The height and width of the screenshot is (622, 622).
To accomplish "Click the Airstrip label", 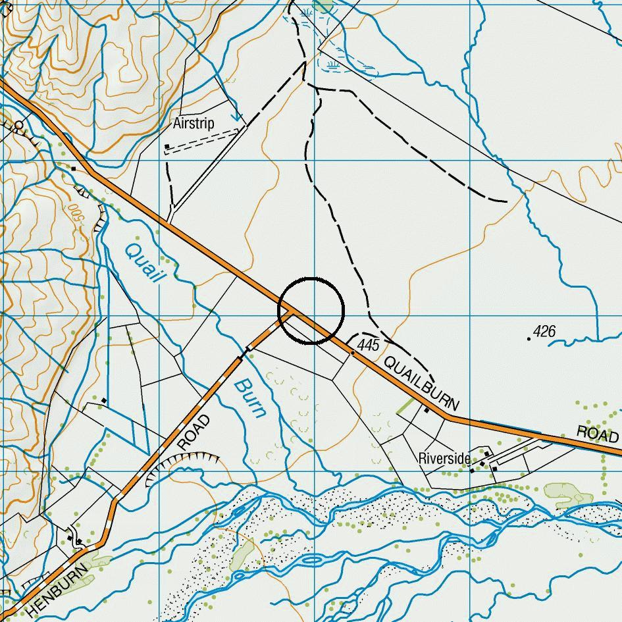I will pos(194,124).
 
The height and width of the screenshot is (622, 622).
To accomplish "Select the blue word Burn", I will pos(251,398).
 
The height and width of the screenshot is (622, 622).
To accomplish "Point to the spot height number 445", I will pos(368,346).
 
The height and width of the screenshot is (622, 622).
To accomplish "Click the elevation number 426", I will pos(545,331).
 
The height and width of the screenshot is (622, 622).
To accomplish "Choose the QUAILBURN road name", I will pos(421,382).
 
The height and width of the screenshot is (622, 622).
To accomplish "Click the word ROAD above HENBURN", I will pos(194,432).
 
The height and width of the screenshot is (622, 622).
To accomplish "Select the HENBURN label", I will pos(58,590).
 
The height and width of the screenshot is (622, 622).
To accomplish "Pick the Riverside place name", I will pos(444,458).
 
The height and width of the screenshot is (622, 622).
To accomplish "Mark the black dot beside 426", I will pos(529,338).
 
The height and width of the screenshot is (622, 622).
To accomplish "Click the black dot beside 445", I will pos(353,353).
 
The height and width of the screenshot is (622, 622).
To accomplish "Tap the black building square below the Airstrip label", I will pos(167,146).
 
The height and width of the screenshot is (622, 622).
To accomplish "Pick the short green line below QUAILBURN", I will pos(405,405).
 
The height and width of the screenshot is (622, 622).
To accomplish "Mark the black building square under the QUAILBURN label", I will pos(427,411).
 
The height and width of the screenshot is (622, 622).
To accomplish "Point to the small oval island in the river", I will pos(313,560).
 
